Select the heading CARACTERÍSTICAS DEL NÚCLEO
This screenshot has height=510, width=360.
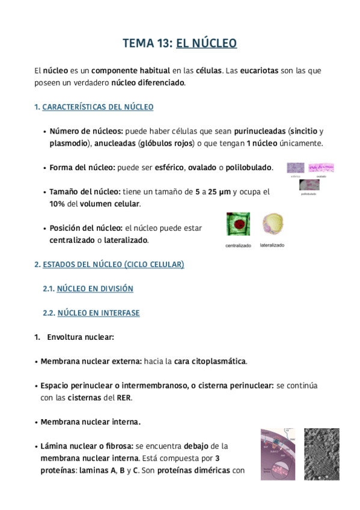click(x=98, y=107)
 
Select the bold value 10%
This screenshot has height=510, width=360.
click(x=58, y=204)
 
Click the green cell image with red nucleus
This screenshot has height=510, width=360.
click(x=238, y=224)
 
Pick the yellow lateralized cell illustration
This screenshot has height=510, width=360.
click(x=272, y=224)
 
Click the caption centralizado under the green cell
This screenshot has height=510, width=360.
click(x=238, y=246)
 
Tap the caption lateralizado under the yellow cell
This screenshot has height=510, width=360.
click(x=272, y=245)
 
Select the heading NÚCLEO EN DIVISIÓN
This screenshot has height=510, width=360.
click(x=95, y=289)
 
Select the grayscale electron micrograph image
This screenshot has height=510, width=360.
click(x=322, y=454)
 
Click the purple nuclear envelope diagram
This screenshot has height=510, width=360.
click(x=278, y=454)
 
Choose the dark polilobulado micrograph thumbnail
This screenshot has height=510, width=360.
click(x=310, y=185)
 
